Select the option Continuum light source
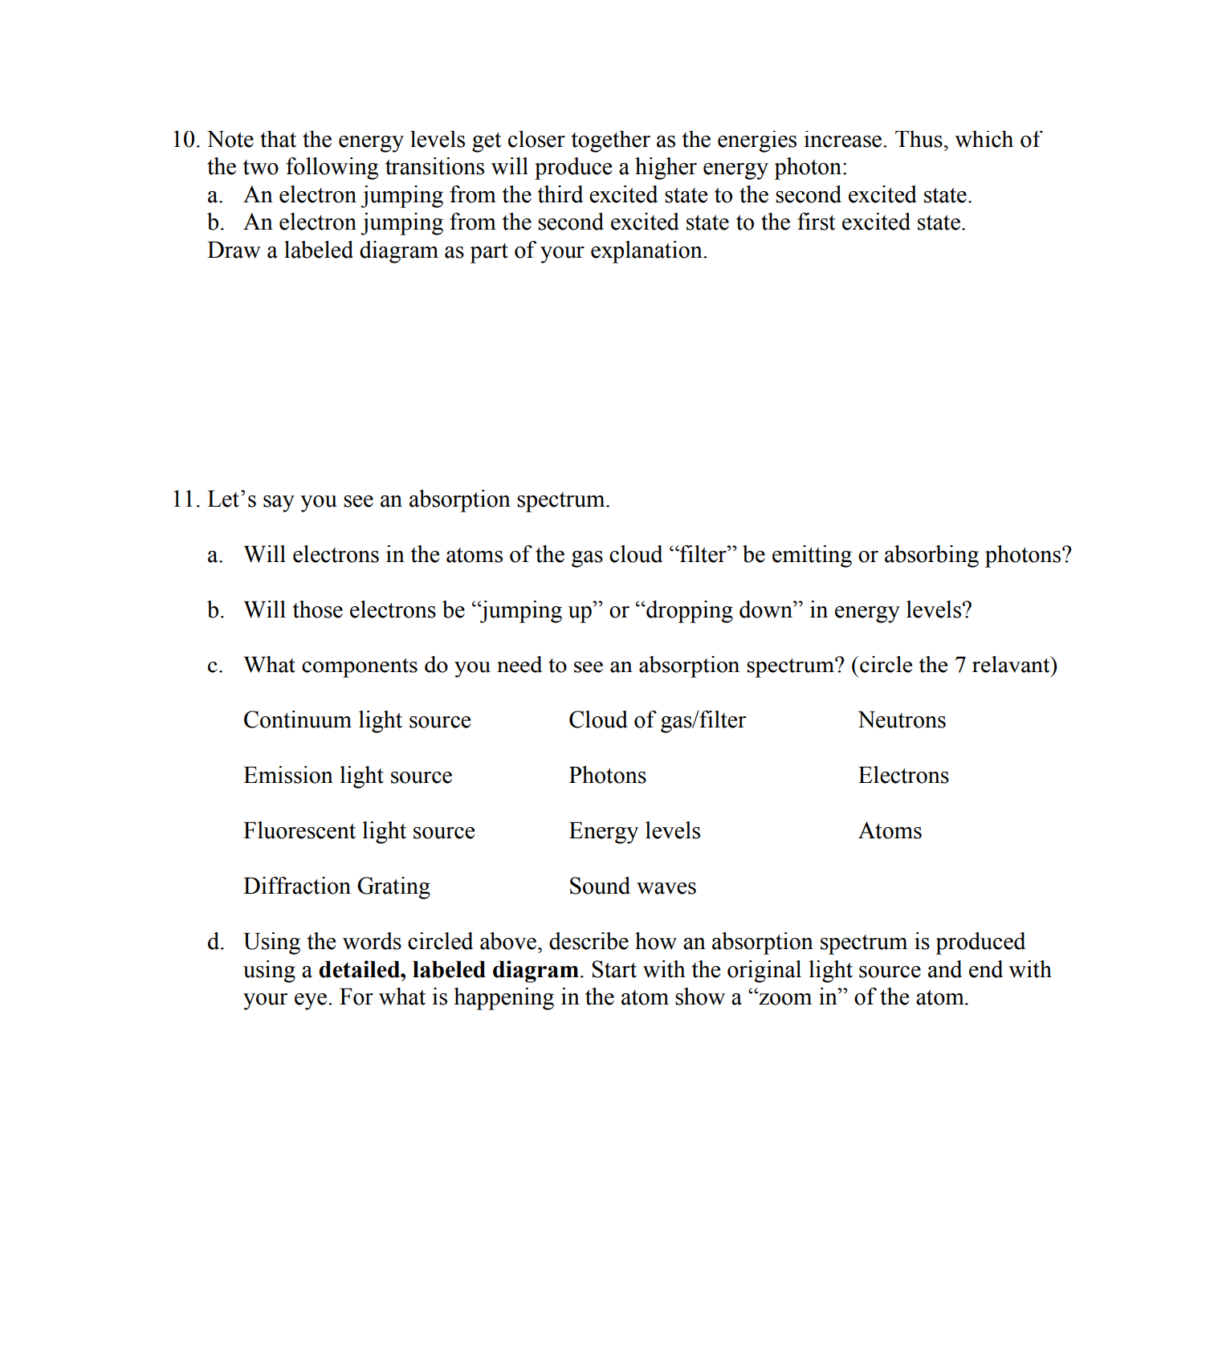pyautogui.click(x=356, y=720)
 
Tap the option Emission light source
pyautogui.click(x=348, y=776)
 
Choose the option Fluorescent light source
pyautogui.click(x=359, y=831)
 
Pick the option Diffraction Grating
pyautogui.click(x=336, y=886)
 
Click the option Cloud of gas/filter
pyautogui.click(x=657, y=720)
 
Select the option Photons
pyautogui.click(x=607, y=776)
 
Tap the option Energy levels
pyautogui.click(x=634, y=831)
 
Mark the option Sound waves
pyautogui.click(x=632, y=886)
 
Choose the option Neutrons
pyautogui.click(x=902, y=720)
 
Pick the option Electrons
pyautogui.click(x=903, y=776)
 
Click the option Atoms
pyautogui.click(x=890, y=831)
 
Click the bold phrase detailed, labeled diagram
pyautogui.click(x=448, y=970)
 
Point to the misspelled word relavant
pyautogui.click(x=1012, y=666)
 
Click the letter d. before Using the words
pyautogui.click(x=215, y=942)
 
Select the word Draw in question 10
pyautogui.click(x=233, y=251)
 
